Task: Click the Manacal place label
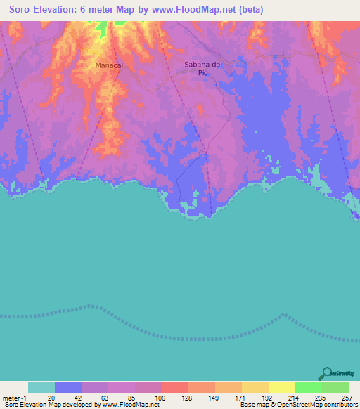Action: [x=109, y=65]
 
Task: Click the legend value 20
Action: [x=51, y=397]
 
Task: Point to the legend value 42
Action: [x=77, y=397]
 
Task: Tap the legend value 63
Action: [x=104, y=397]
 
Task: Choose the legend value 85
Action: [x=131, y=397]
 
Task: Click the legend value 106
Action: [x=157, y=397]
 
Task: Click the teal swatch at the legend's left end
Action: [x=41, y=387]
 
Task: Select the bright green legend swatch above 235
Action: [x=309, y=387]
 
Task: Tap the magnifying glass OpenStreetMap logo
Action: [x=326, y=374]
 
